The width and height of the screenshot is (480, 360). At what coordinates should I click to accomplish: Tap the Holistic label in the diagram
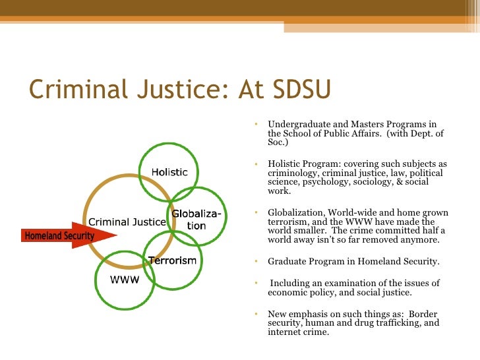(x=169, y=172)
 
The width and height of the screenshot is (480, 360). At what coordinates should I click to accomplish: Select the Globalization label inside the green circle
(x=196, y=220)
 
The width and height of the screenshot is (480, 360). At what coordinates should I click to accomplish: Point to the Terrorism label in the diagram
(x=173, y=260)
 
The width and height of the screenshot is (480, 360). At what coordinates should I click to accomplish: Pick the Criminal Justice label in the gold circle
(x=127, y=222)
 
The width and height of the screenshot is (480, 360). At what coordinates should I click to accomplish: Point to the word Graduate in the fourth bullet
(x=286, y=261)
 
